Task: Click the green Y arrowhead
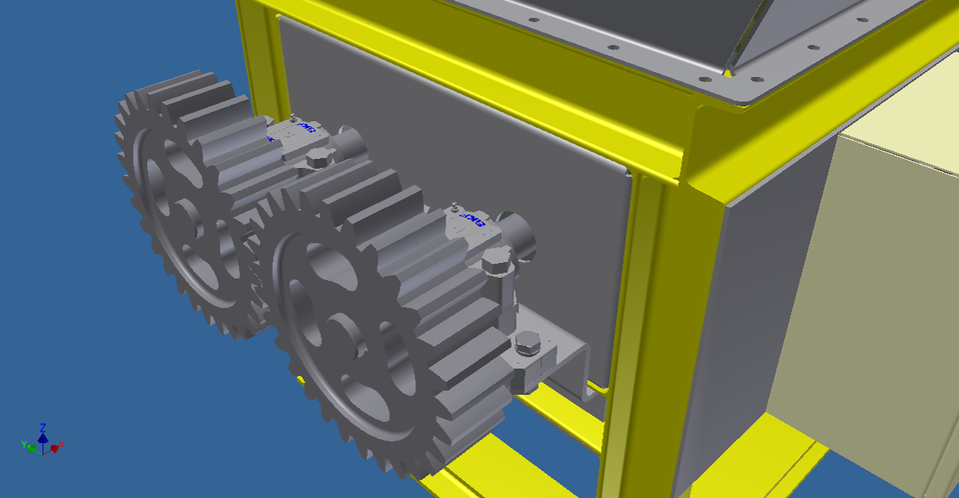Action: tap(32, 448)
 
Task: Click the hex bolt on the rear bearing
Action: tap(318, 158)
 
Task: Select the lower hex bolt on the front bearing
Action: tap(526, 346)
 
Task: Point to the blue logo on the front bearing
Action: tap(472, 220)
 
